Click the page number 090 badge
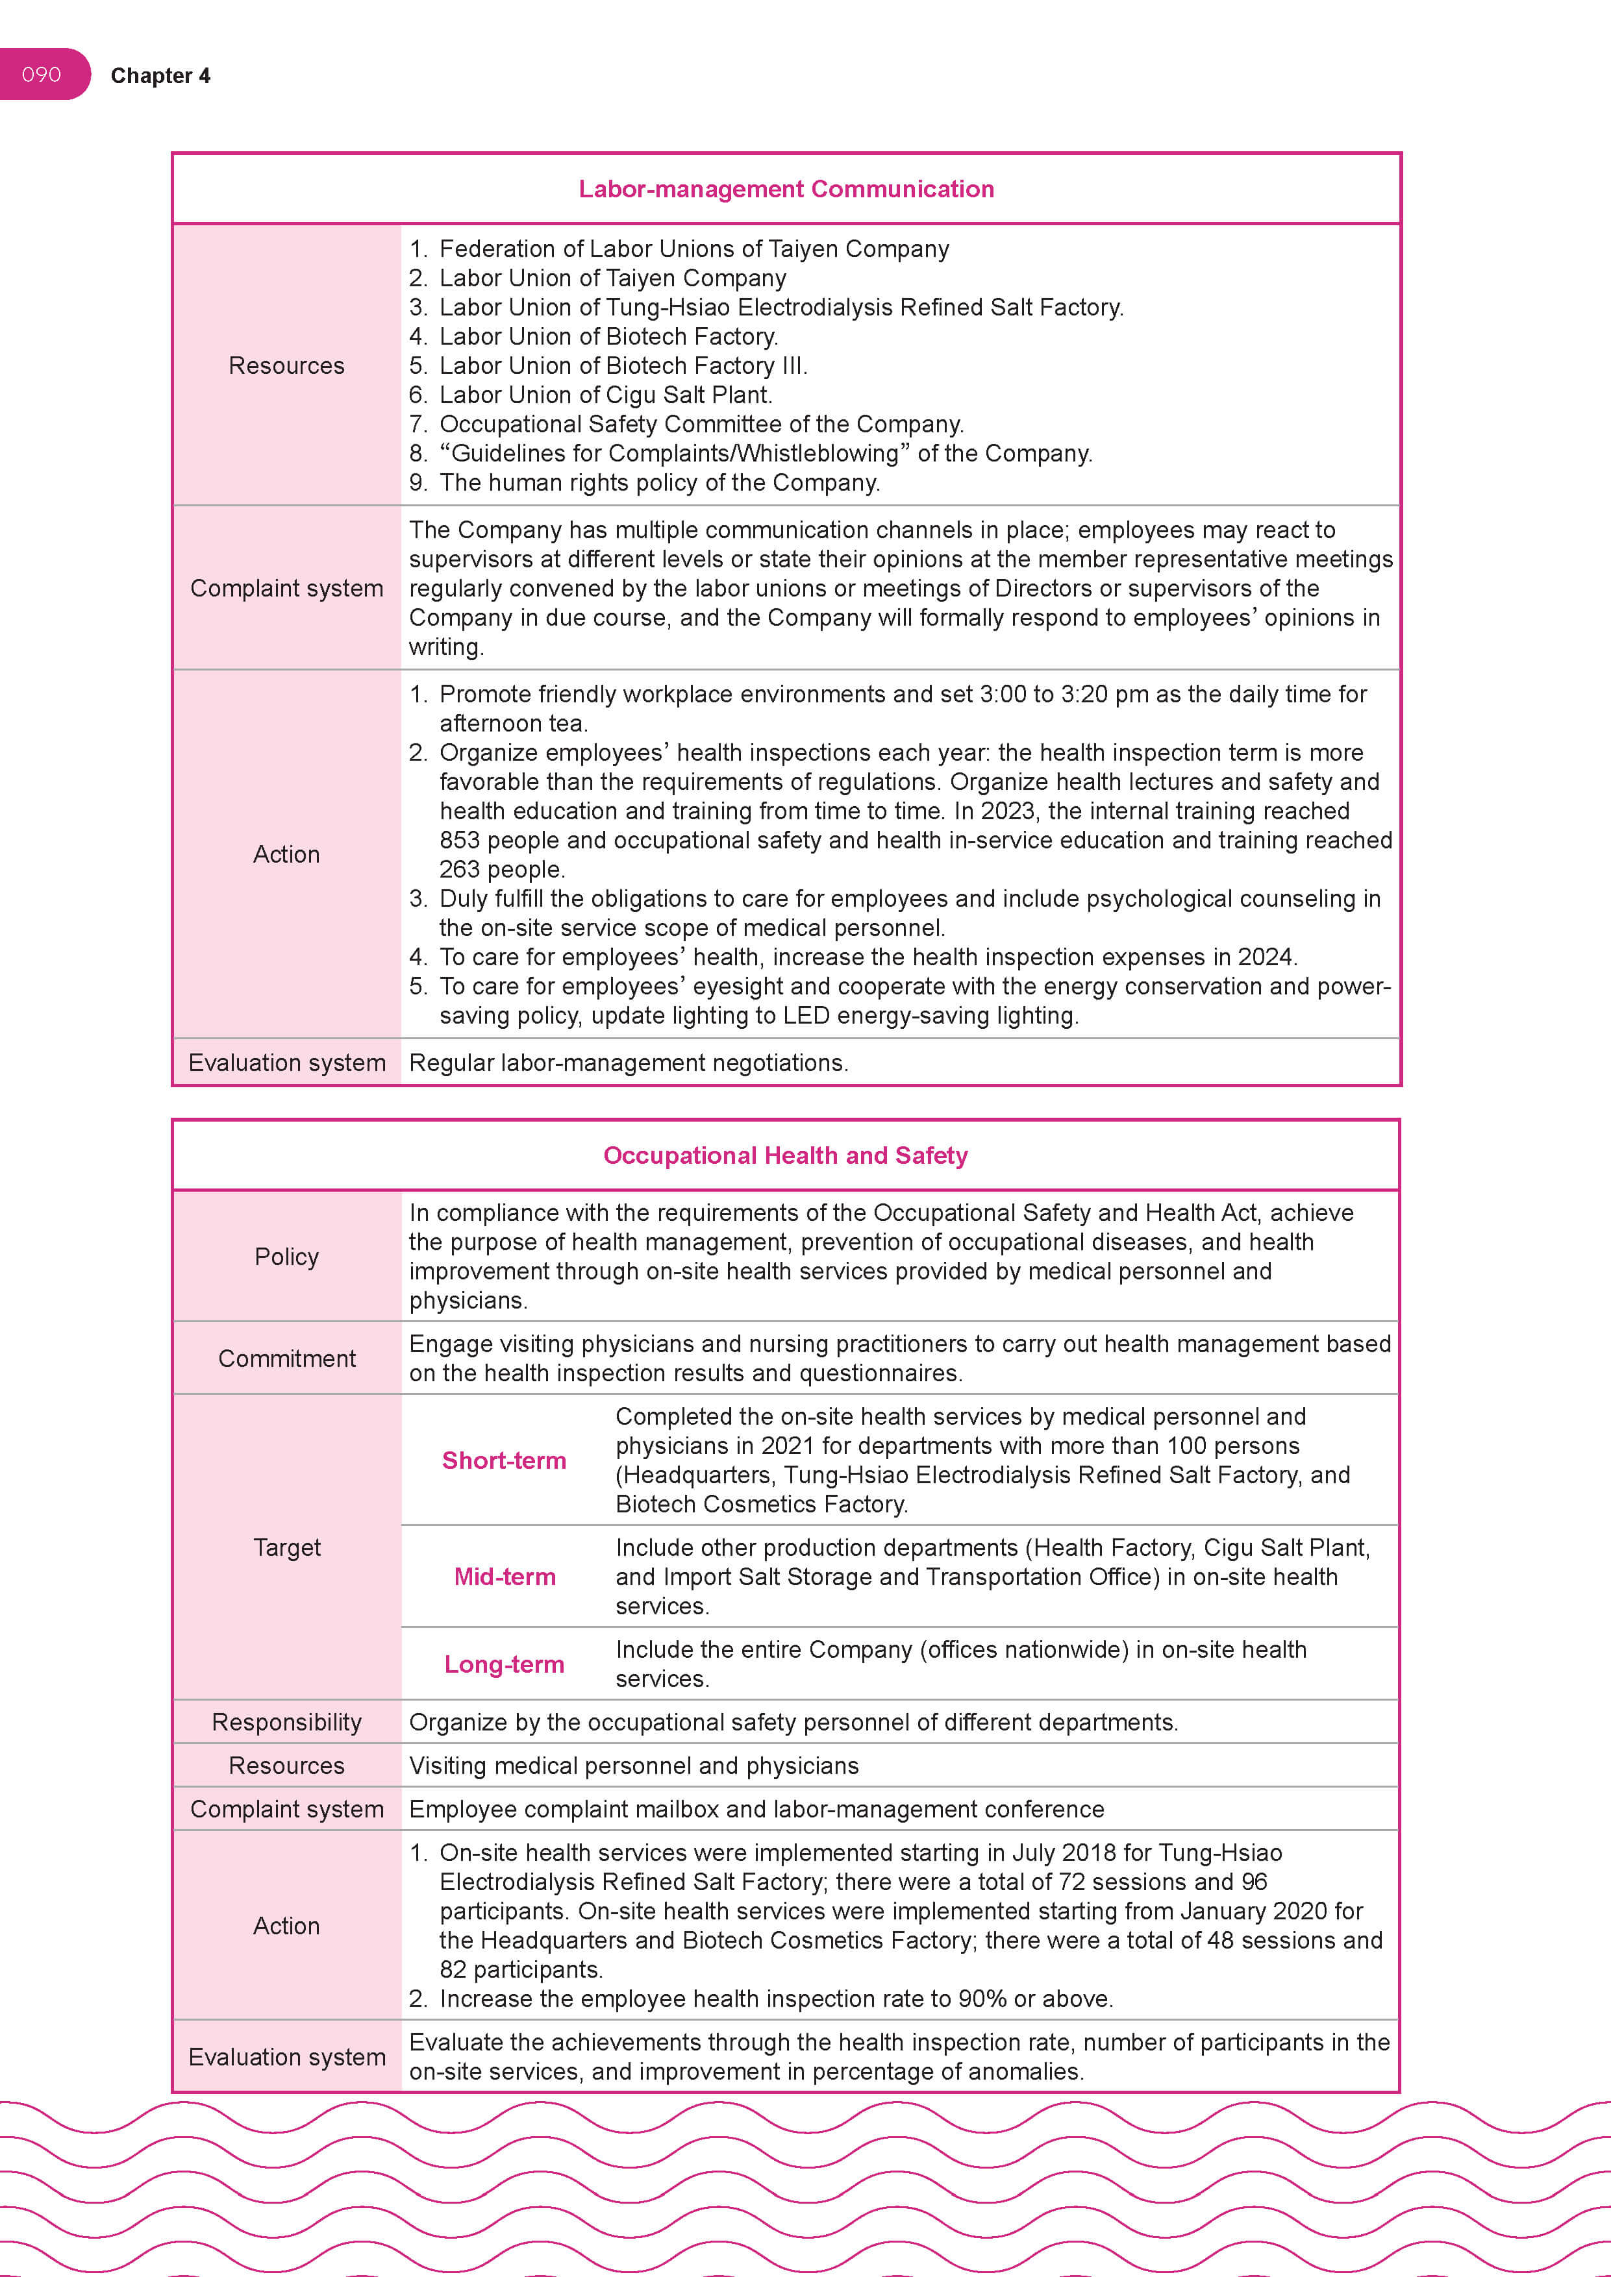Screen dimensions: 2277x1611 click(x=42, y=75)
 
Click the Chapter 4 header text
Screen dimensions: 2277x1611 click(x=160, y=77)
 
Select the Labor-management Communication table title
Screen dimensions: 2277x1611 click(x=786, y=190)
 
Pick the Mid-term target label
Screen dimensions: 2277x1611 click(x=504, y=1577)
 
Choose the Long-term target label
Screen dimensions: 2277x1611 click(x=504, y=1664)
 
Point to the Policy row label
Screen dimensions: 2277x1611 click(x=287, y=1257)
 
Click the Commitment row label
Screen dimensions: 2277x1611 click(x=287, y=1359)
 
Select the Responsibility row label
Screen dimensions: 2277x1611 click(x=287, y=1723)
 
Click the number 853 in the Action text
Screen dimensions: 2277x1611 click(x=458, y=841)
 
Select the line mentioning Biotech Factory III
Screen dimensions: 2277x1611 click(x=623, y=366)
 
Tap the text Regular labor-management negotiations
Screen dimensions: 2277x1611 click(x=628, y=1063)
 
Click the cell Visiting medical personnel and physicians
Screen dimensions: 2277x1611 click(x=634, y=1766)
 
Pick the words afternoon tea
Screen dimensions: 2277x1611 click(x=513, y=724)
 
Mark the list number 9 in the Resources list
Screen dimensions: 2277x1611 click(x=418, y=483)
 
